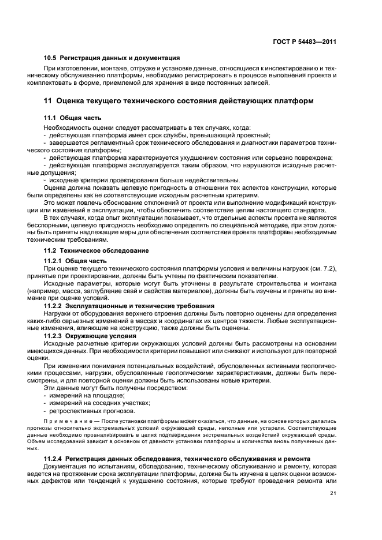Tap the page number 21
(333, 492)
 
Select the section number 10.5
(51, 58)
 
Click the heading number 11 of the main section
(49, 101)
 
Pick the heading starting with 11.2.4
(177, 458)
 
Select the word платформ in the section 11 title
(293, 101)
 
